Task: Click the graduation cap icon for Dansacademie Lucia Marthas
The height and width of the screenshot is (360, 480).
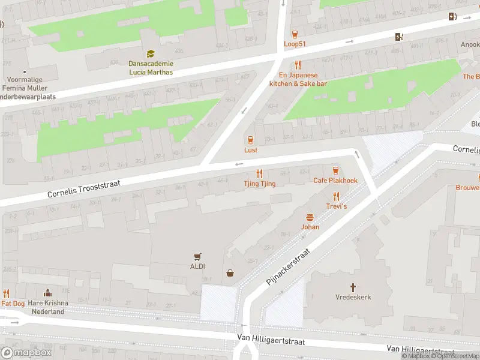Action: pyautogui.click(x=151, y=54)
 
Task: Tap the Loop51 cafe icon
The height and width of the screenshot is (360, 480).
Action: pyautogui.click(x=295, y=34)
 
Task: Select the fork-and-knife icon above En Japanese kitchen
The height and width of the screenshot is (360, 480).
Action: pyautogui.click(x=297, y=65)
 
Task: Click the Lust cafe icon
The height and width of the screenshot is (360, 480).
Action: pyautogui.click(x=250, y=140)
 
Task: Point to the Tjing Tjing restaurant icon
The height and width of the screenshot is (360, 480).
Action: pyautogui.click(x=259, y=173)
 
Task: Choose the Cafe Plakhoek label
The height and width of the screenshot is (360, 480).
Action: pyautogui.click(x=335, y=180)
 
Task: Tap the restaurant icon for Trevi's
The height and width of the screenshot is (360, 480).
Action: pyautogui.click(x=336, y=196)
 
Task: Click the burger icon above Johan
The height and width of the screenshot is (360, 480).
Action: pyautogui.click(x=310, y=217)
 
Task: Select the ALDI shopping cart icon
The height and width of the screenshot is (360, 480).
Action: pyautogui.click(x=197, y=256)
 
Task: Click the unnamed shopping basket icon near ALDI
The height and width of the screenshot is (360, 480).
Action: pyautogui.click(x=230, y=274)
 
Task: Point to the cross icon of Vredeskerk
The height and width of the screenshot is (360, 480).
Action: pyautogui.click(x=353, y=287)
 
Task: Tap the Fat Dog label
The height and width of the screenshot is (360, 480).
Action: pyautogui.click(x=13, y=304)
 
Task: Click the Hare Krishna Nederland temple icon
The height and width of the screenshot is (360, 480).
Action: pyautogui.click(x=47, y=293)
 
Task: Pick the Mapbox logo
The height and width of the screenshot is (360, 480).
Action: pyautogui.click(x=26, y=352)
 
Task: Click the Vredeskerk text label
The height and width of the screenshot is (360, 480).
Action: pyautogui.click(x=353, y=297)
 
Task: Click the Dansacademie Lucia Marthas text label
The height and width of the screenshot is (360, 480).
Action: pyautogui.click(x=151, y=68)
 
